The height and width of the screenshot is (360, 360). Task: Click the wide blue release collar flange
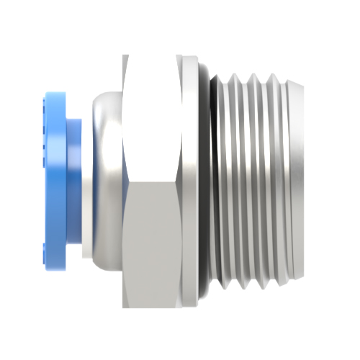pos(54,176)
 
